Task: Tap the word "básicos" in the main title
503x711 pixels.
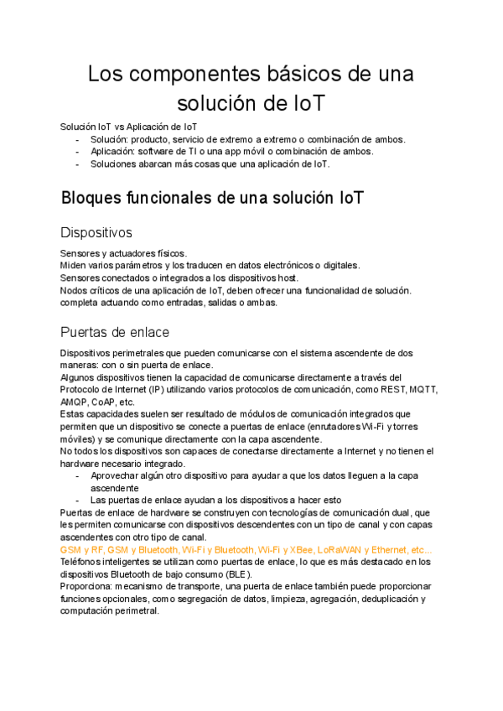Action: (312, 74)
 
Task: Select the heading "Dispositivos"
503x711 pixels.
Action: (96, 232)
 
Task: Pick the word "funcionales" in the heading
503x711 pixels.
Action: (179, 199)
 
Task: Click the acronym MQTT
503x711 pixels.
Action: (423, 390)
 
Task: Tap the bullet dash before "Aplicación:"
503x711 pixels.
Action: (77, 152)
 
